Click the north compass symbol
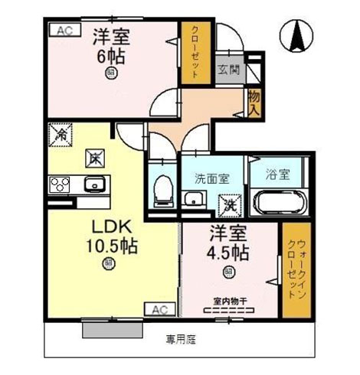tap(296, 36)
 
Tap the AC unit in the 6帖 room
tap(65, 31)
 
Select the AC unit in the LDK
tap(160, 309)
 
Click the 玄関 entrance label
tap(229, 70)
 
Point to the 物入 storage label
tap(254, 103)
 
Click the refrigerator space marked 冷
tap(61, 135)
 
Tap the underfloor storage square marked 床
tap(95, 158)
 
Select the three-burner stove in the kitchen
tap(60, 184)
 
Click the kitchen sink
tap(95, 184)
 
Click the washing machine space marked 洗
tap(230, 206)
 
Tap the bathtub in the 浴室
tap(279, 201)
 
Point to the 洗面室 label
tap(212, 178)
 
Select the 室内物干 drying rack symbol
tap(229, 311)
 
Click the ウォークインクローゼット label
tap(296, 269)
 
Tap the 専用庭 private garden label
tap(181, 340)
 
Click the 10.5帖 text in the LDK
tap(112, 246)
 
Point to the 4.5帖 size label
tap(227, 253)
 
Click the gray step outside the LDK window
tap(113, 331)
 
